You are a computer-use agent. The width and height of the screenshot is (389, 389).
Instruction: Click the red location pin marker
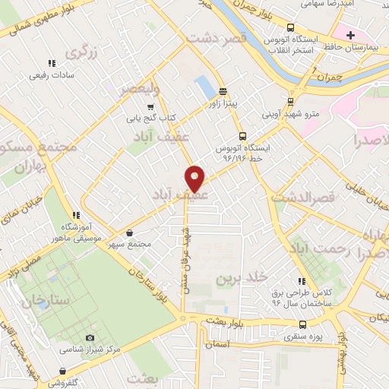click(x=194, y=179)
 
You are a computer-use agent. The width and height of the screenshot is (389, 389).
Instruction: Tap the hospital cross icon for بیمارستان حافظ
click(x=350, y=35)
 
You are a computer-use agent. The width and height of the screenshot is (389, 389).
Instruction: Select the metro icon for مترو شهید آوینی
click(x=291, y=101)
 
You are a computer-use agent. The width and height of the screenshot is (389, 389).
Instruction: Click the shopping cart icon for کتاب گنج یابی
click(x=150, y=107)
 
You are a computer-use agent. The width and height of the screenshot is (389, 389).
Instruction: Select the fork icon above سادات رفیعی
click(x=52, y=64)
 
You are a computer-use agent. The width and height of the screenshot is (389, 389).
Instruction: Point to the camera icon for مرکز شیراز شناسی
click(x=90, y=337)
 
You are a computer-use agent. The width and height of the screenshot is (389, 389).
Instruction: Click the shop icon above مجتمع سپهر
click(x=130, y=232)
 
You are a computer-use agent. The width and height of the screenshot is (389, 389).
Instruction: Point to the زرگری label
click(x=82, y=52)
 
